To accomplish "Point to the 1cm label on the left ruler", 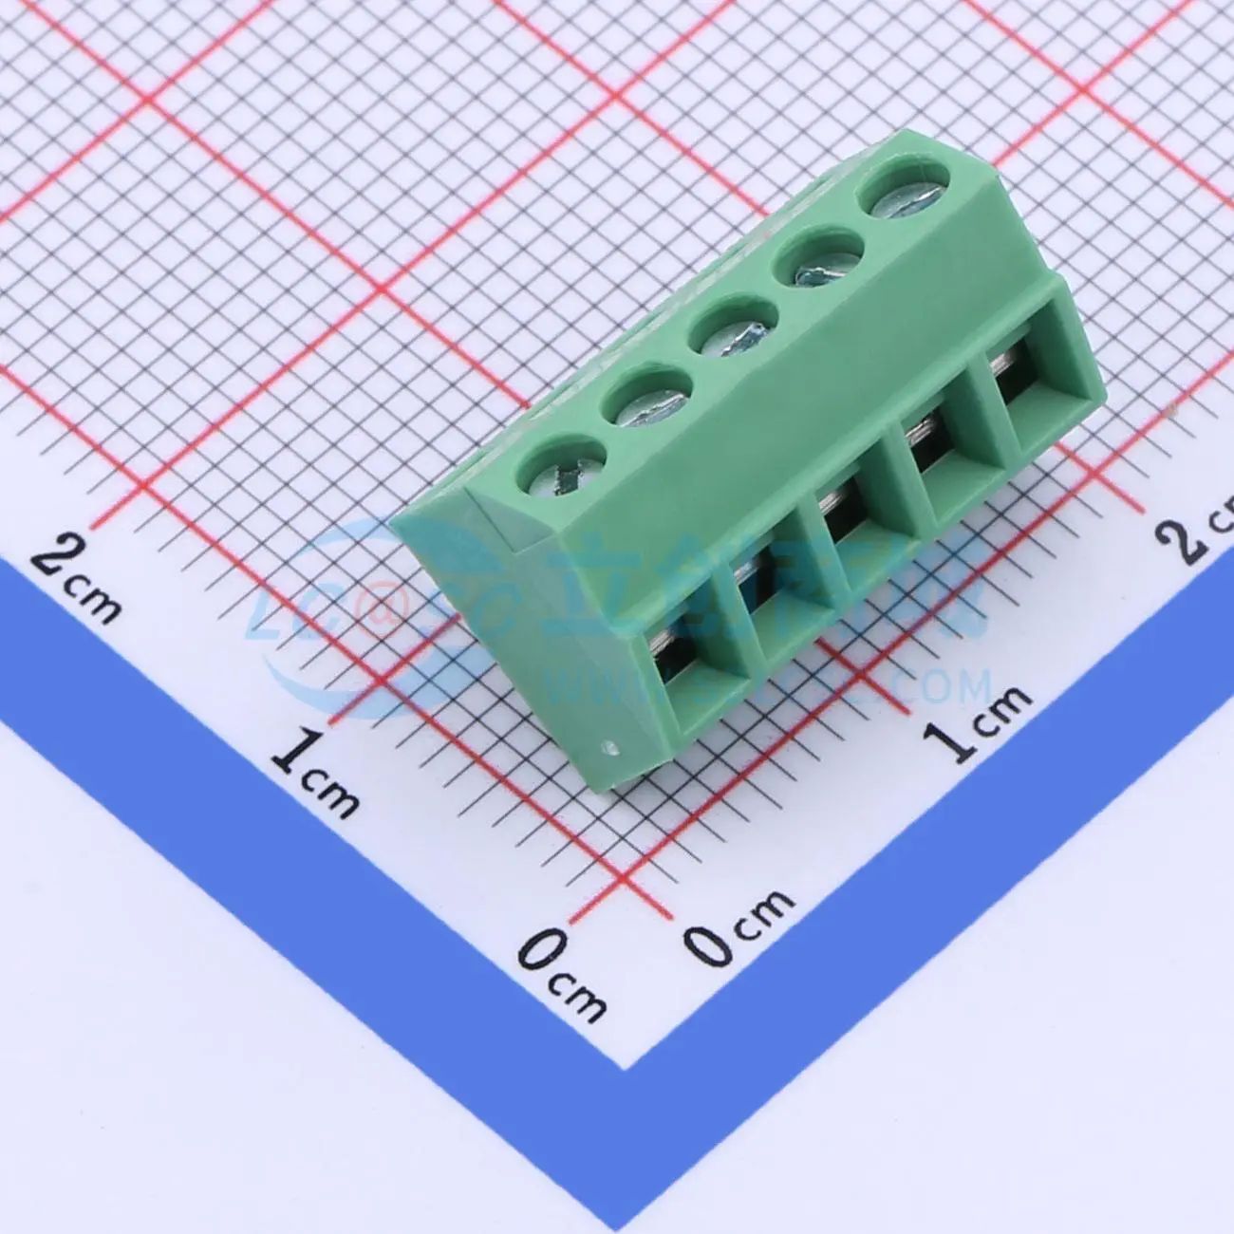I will click(x=314, y=769).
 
